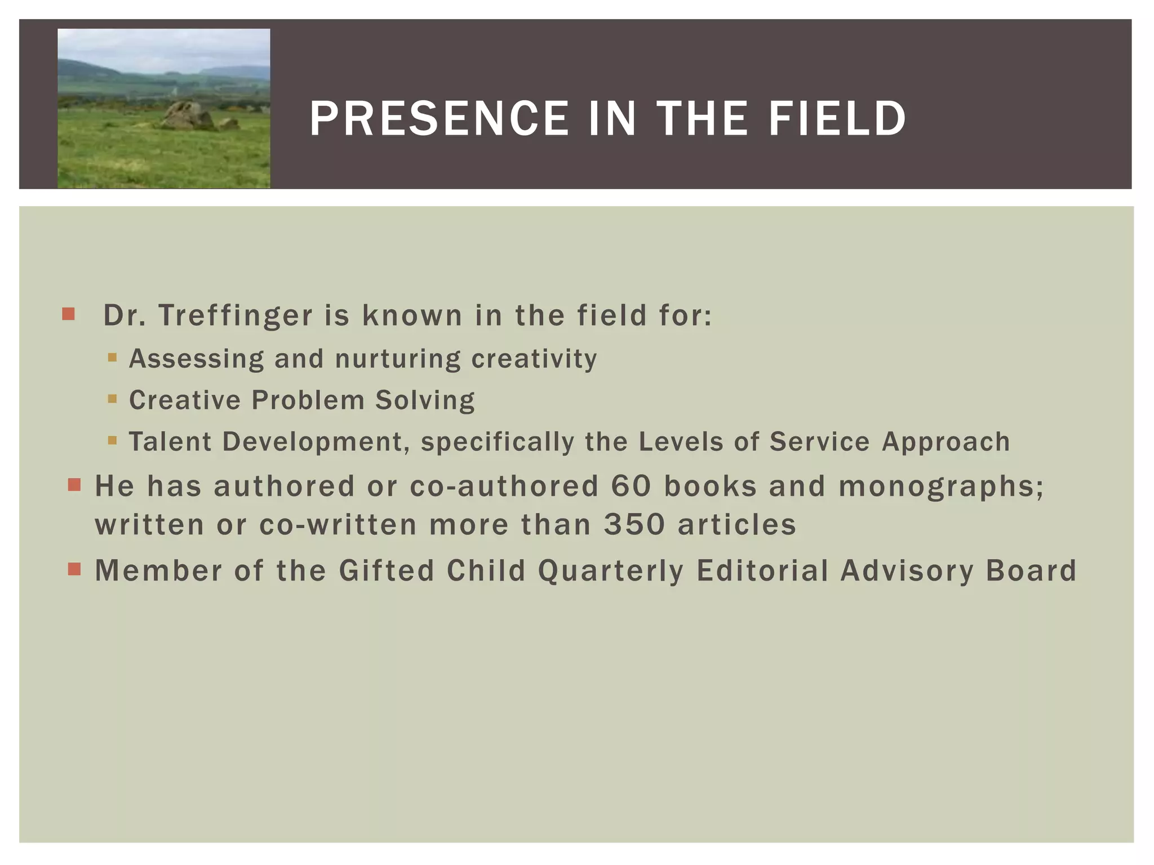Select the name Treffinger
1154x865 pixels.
pos(235,315)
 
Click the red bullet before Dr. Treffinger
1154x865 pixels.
pos(69,314)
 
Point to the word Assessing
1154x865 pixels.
pos(196,359)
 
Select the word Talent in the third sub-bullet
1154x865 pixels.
pos(170,442)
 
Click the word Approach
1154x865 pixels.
pos(946,442)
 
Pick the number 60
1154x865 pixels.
pos(631,486)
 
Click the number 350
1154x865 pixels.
pos(634,525)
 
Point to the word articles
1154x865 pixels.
pos(736,525)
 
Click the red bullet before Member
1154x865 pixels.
pos(74,569)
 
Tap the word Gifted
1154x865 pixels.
pos(387,570)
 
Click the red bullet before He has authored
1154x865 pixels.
pos(74,485)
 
